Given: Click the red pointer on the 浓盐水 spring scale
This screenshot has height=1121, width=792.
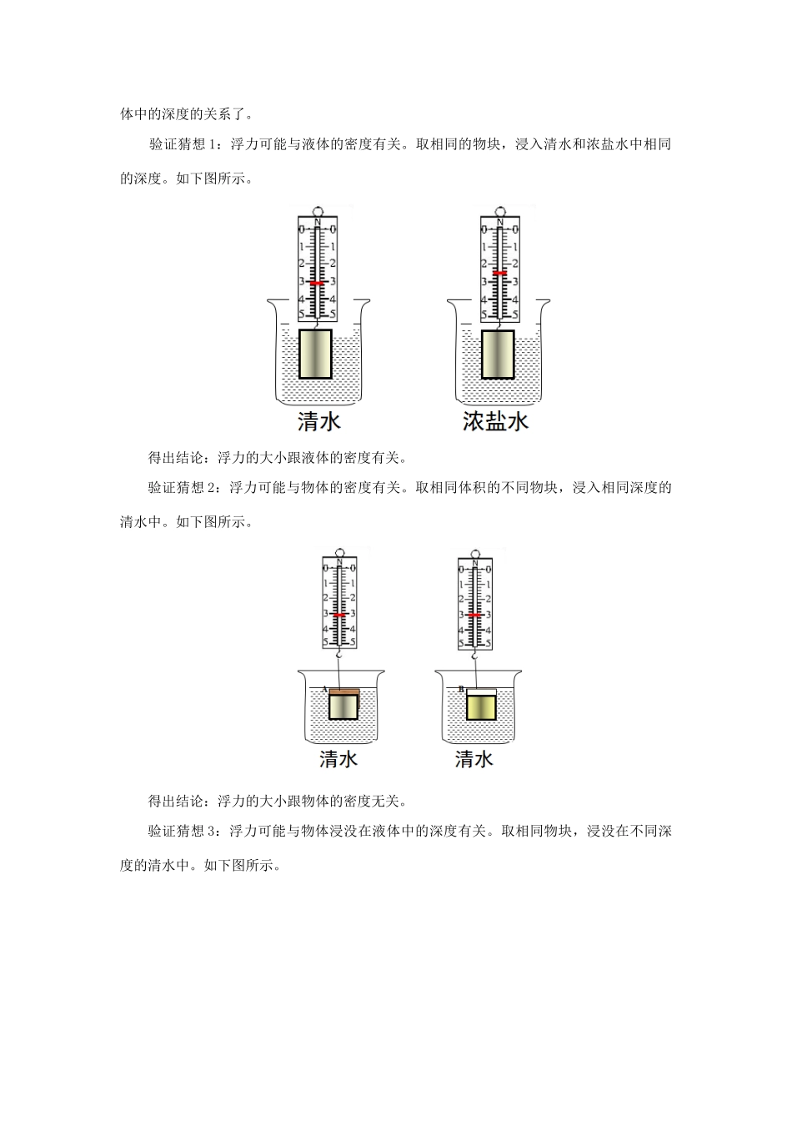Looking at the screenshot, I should (x=499, y=274).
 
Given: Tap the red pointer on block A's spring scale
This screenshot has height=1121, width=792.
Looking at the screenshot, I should (x=339, y=615).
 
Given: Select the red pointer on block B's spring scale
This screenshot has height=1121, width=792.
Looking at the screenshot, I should (x=474, y=616).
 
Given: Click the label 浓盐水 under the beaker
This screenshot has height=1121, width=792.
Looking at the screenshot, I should (x=496, y=421).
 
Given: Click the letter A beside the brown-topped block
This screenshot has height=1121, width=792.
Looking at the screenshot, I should (x=324, y=689).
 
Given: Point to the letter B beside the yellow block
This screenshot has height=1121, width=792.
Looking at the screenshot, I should (x=460, y=689).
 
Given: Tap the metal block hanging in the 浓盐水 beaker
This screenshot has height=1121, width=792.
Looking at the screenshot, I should (x=498, y=354).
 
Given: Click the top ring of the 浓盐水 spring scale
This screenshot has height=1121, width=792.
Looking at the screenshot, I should (x=499, y=211).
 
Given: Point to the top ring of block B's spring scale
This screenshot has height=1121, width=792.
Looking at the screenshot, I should (x=474, y=552).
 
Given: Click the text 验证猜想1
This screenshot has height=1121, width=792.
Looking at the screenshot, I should (x=183, y=144).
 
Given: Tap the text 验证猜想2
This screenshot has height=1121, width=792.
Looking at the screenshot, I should (x=183, y=488).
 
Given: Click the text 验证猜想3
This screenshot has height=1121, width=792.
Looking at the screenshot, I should (x=183, y=831).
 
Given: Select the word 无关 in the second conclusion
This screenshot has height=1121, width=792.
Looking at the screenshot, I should (x=386, y=802).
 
